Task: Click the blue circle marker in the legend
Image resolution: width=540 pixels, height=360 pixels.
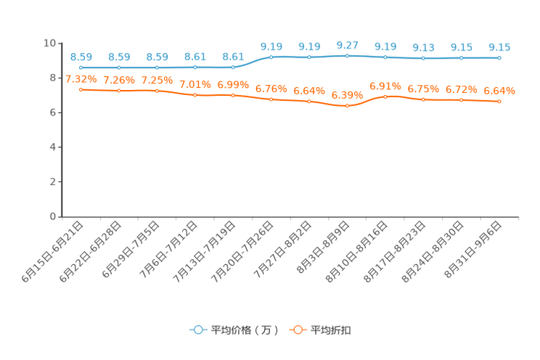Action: [197, 330]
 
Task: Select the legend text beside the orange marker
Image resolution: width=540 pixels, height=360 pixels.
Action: [332, 330]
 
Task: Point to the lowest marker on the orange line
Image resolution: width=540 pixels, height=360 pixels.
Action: [348, 106]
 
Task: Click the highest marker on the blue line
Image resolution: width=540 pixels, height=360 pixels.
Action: [348, 55]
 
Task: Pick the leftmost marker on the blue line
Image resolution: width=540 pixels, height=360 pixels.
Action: [81, 67]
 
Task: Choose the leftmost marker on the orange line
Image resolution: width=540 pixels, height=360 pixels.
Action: [81, 89]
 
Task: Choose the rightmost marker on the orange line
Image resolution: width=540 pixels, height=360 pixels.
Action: [499, 102]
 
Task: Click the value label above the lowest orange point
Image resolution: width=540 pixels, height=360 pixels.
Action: [346, 96]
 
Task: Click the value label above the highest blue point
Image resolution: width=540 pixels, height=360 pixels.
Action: [347, 45]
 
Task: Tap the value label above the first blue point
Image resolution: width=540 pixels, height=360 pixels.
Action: [81, 57]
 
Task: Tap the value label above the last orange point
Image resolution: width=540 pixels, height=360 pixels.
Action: [499, 91]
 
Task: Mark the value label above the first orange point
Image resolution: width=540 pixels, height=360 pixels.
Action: [81, 79]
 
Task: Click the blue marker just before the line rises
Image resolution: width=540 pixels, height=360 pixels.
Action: [233, 67]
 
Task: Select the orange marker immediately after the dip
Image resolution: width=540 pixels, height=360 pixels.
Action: [385, 97]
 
